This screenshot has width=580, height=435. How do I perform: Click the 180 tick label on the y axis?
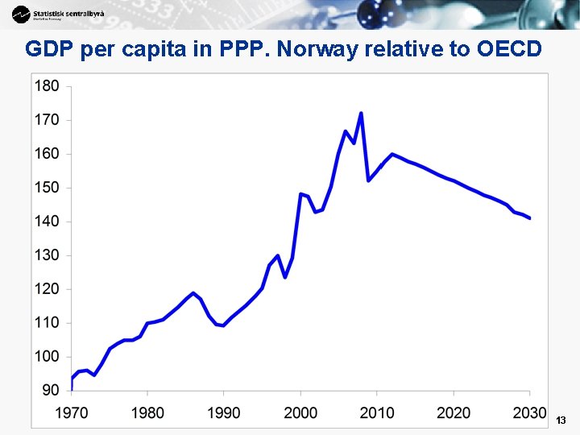pos(47,86)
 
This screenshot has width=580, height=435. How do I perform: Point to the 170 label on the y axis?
pos(47,120)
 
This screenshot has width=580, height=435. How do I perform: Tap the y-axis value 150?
pos(47,188)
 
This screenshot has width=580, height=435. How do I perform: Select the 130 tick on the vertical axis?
pos(47,255)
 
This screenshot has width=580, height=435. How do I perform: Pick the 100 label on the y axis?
pos(47,356)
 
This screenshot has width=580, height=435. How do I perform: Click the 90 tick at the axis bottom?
pos(51,390)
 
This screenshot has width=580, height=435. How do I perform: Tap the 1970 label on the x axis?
pos(71,413)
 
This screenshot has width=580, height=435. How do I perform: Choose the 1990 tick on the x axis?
pos(223,413)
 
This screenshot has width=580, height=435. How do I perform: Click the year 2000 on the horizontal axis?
pos(300,413)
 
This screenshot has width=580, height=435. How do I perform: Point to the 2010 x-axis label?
pos(377,413)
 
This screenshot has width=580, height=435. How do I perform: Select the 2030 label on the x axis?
pos(530,413)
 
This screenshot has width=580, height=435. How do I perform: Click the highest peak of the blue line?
pos(361,114)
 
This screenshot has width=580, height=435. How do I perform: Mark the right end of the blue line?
pos(529,218)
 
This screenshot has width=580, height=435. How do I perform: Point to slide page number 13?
pos(561,420)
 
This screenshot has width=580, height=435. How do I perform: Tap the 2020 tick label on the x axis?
pos(454,413)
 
